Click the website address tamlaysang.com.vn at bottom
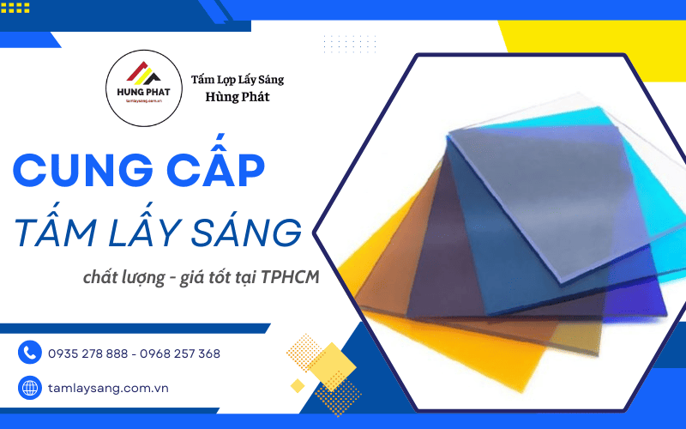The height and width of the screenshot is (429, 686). point(108,388)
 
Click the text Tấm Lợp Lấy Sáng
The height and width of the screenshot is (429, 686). point(237,80)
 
